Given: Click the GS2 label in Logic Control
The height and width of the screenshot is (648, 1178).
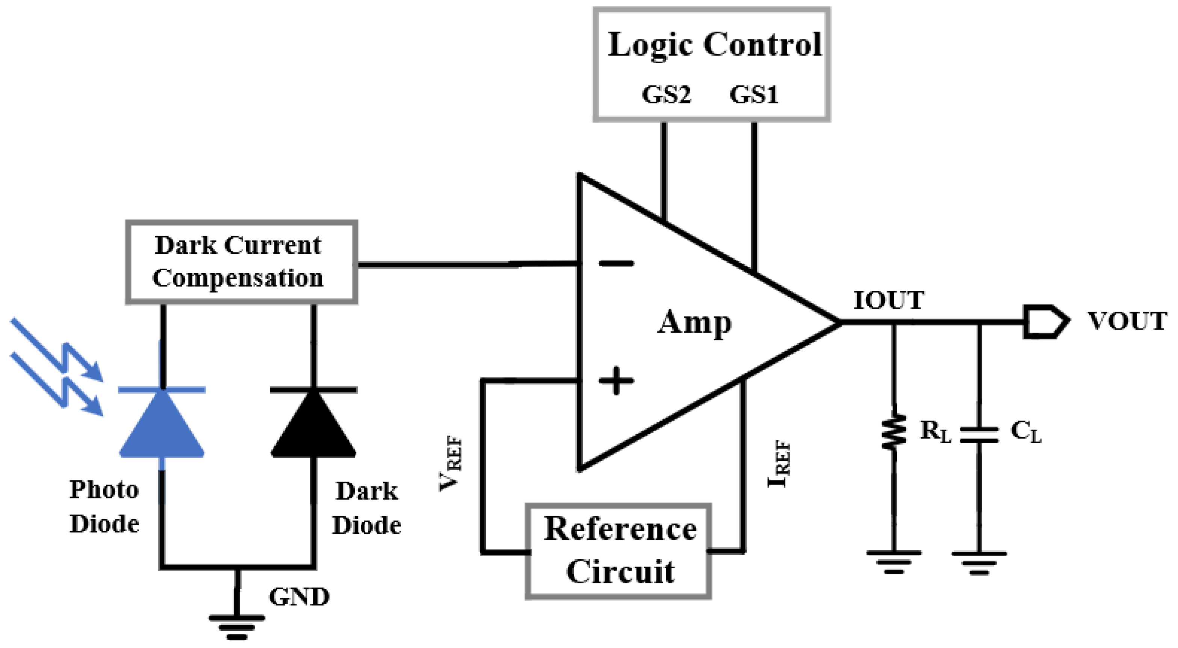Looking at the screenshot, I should pos(666,95).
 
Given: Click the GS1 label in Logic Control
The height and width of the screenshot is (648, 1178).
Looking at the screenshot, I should pos(754,95).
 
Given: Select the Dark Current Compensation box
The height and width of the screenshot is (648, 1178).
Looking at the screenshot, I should pos(241,262).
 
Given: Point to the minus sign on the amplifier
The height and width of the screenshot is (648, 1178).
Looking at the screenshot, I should pos(616,263).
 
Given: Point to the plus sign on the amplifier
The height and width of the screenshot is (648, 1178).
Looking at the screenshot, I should pos(616,380).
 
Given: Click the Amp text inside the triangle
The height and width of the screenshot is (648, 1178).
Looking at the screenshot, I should pos(694,323).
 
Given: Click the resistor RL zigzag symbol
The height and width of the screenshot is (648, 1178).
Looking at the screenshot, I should pos(894,431).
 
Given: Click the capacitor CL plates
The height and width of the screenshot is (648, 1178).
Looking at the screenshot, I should pos(978,435).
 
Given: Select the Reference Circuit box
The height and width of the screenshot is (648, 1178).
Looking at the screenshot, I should pos(618,551).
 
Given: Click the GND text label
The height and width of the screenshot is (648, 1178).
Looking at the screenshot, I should pos(299,597).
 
